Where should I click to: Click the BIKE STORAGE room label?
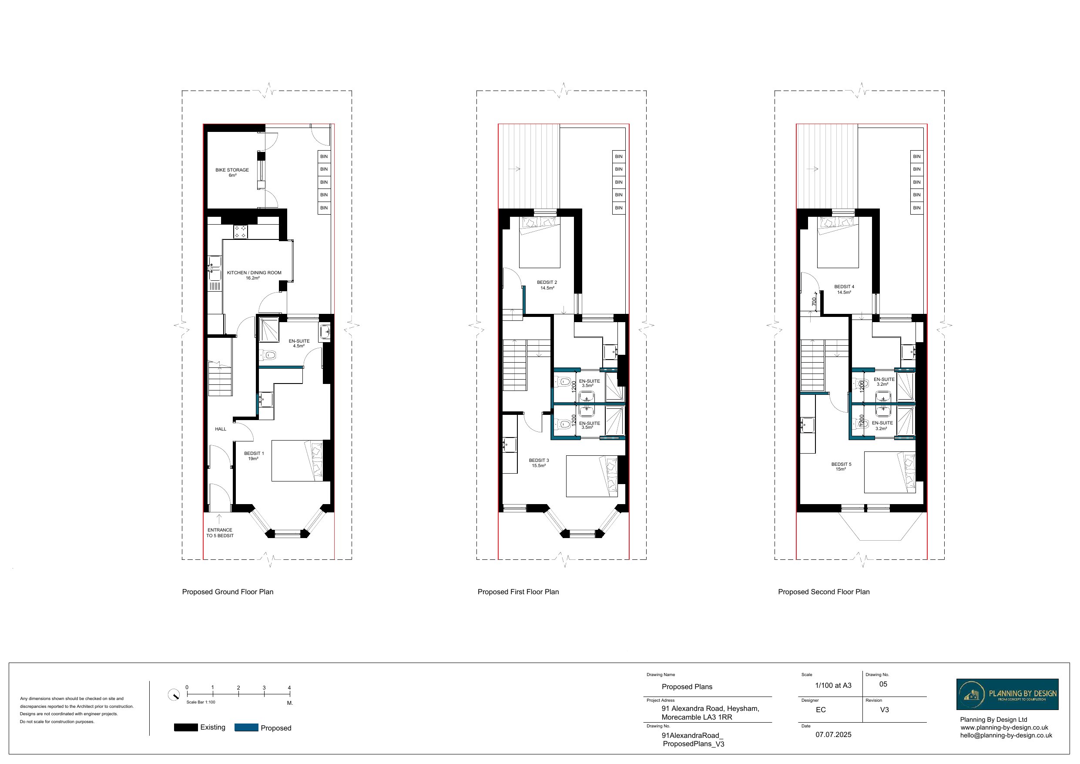coord(232,172)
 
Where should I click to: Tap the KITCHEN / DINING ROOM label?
coord(254,275)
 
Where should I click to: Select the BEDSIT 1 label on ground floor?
coord(254,456)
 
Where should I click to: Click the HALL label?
coord(221,429)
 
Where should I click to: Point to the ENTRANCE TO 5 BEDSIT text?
coord(220,532)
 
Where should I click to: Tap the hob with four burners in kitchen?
coord(240,231)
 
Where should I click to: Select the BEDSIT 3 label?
coord(539,463)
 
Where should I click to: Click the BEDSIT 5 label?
coord(841,466)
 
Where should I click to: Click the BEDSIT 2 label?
coord(547,285)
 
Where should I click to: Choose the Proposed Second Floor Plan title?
coord(823,592)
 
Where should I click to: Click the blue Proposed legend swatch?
coord(246,727)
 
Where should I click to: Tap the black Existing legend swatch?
coord(186,727)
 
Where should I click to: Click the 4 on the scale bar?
coord(289,687)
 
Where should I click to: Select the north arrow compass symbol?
coord(174,695)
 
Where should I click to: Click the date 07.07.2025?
coord(833,734)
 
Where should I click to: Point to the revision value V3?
coord(884,710)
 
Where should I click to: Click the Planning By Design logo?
coord(1007,694)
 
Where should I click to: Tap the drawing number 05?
coord(883,684)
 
